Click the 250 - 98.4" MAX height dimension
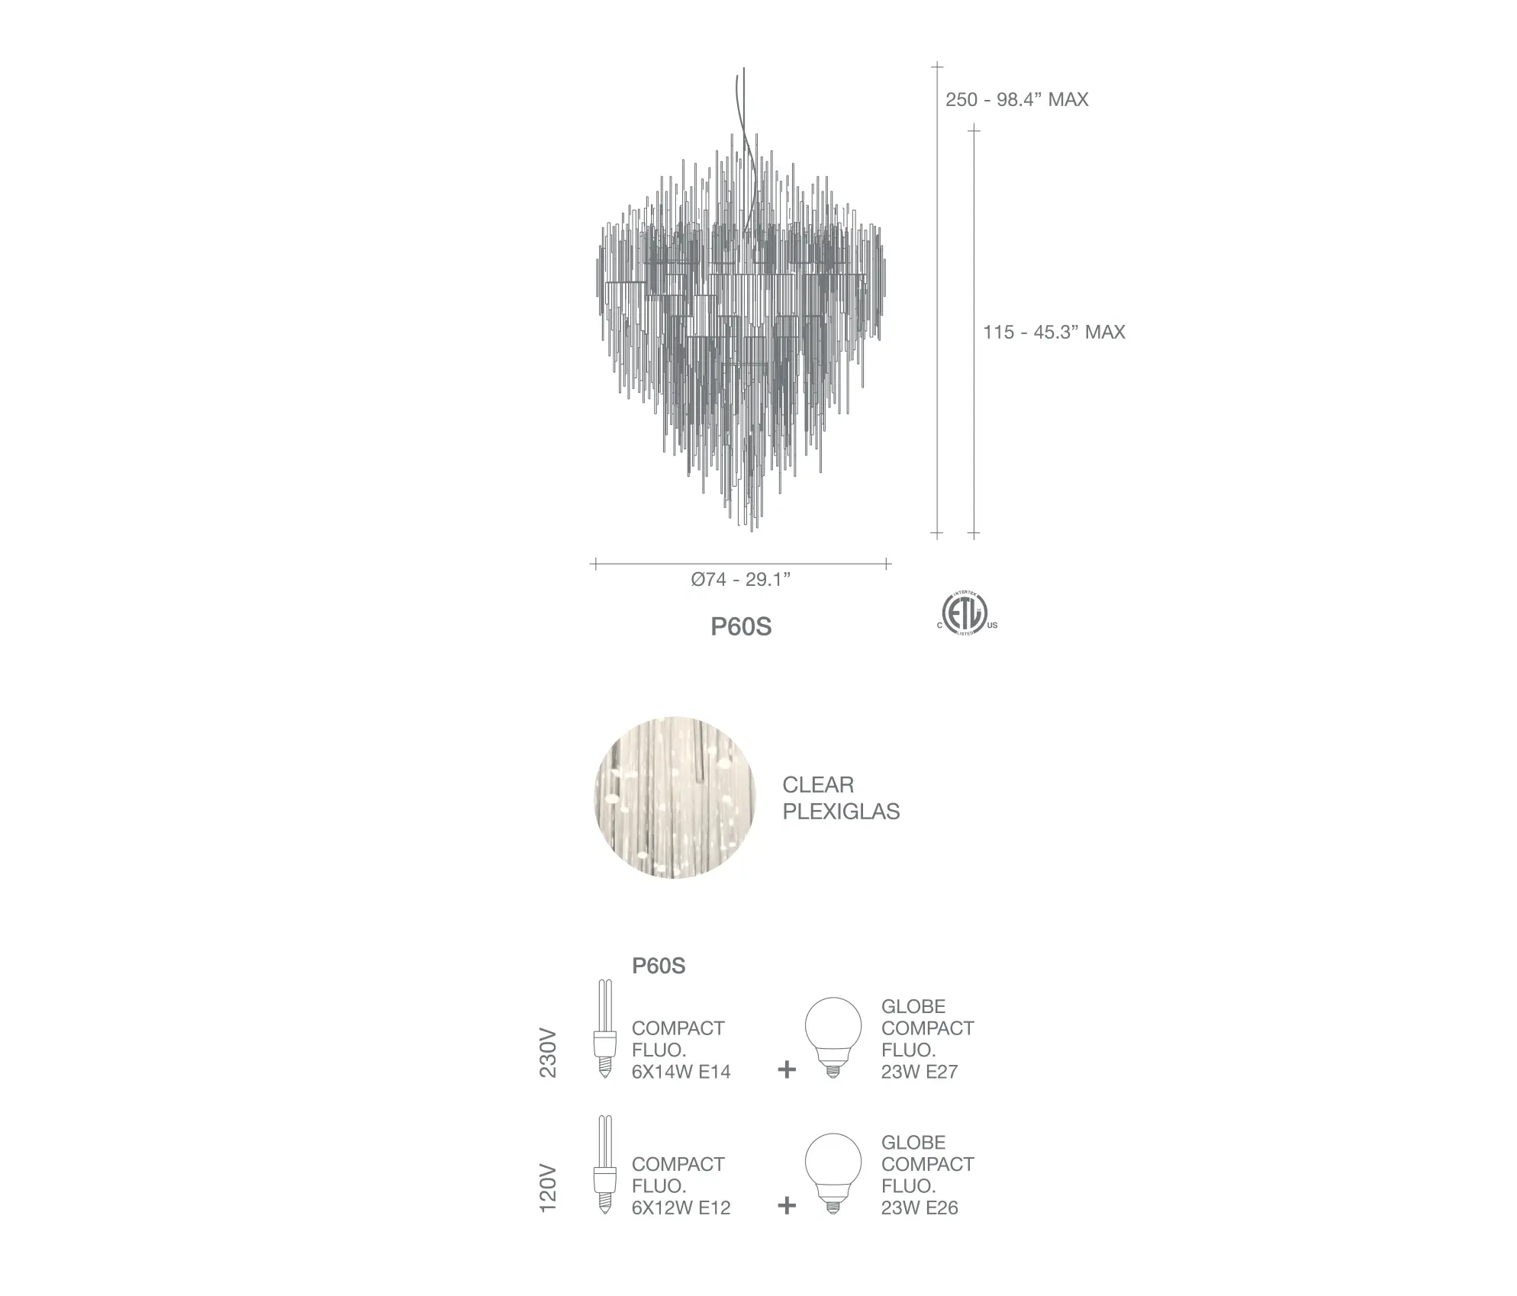[x=1016, y=100]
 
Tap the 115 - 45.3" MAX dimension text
[x=1054, y=333]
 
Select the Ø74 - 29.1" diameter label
[x=741, y=580]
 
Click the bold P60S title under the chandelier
[x=741, y=627]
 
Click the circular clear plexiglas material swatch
[x=675, y=797]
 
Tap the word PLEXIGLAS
[x=841, y=812]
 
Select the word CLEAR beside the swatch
[x=818, y=785]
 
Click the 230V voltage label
[x=549, y=1054]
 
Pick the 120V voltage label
[x=549, y=1189]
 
